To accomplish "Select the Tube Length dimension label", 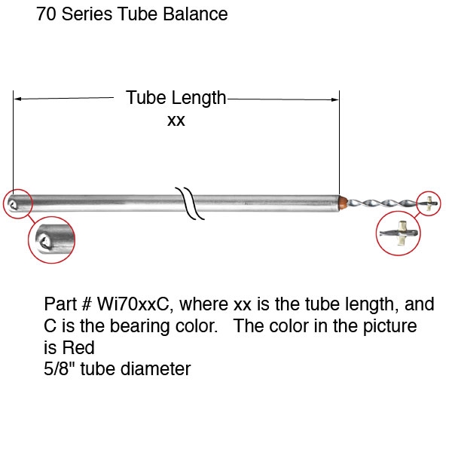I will pos(176,98).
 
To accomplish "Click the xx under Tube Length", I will pos(176,121).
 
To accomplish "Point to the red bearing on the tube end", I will pos(344,202).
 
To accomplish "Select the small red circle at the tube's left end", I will pos(17,203).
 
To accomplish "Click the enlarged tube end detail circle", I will pos(51,241).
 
